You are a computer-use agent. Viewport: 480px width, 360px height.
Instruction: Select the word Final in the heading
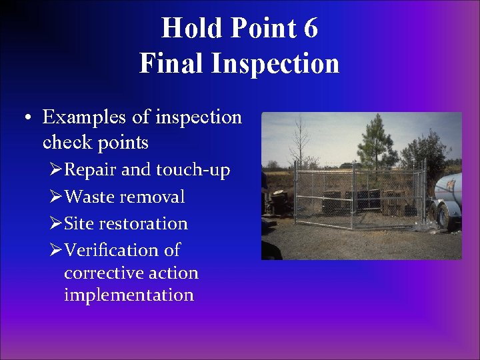click(x=171, y=63)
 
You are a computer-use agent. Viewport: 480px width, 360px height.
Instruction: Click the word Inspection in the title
click(x=274, y=63)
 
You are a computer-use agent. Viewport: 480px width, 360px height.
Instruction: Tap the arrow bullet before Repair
click(x=57, y=171)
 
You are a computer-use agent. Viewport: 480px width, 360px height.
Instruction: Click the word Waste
click(x=91, y=197)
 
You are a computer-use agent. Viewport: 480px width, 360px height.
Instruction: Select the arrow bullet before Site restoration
click(x=57, y=224)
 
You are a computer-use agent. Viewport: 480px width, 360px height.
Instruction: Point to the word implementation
click(x=129, y=295)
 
